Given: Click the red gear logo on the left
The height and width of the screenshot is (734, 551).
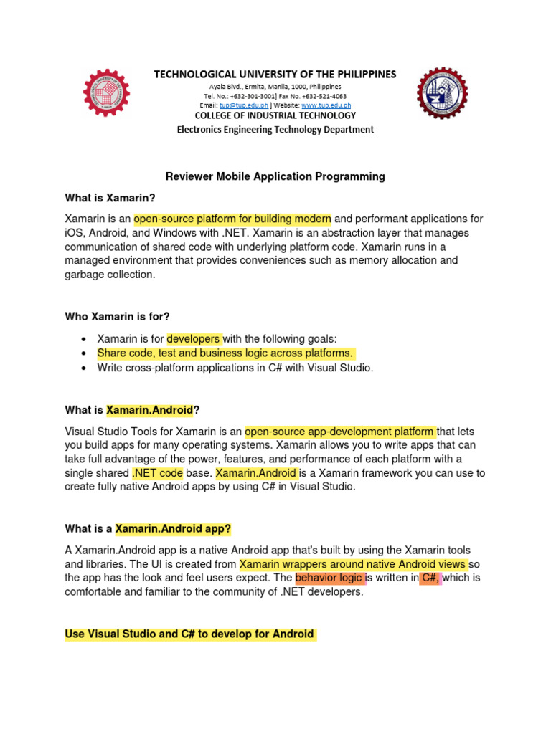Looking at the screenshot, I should [x=107, y=93].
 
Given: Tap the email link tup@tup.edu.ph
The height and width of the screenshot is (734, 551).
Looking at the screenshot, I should [x=241, y=105].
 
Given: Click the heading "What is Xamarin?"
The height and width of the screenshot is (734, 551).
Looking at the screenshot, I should [x=110, y=198].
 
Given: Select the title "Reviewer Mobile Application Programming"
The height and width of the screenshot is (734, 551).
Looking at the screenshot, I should [x=275, y=176].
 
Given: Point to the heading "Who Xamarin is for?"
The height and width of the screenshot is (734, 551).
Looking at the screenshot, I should [x=117, y=316].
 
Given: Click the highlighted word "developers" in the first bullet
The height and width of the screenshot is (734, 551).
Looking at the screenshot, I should [x=194, y=338].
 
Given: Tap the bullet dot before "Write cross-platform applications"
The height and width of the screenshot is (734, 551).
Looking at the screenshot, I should [x=84, y=368].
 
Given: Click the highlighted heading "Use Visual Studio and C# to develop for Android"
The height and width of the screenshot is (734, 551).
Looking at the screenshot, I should [x=189, y=634].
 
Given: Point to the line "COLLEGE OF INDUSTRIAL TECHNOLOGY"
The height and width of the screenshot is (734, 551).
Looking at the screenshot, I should [x=275, y=115].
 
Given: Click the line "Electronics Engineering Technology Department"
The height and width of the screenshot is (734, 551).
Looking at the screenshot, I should [x=275, y=130].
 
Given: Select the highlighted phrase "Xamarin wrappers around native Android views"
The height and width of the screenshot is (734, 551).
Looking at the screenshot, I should [x=353, y=564].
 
